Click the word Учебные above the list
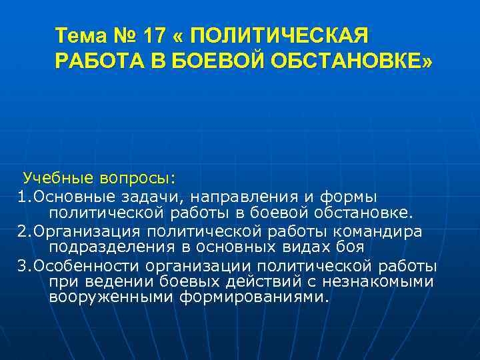tap(59, 179)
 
